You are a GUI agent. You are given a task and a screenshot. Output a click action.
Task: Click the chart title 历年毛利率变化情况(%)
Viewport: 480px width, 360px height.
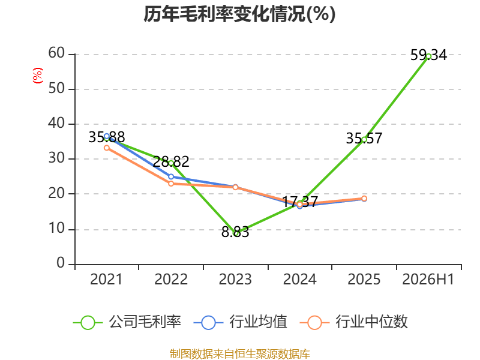(x=239, y=14)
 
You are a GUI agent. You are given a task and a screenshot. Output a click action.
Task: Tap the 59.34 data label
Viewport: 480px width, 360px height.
(x=428, y=55)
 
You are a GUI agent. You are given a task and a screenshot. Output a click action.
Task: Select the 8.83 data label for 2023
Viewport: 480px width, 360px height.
(x=235, y=232)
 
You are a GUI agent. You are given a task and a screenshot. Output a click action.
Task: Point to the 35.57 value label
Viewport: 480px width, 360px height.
(x=364, y=139)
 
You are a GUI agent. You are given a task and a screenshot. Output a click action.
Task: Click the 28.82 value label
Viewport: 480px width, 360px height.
(x=171, y=161)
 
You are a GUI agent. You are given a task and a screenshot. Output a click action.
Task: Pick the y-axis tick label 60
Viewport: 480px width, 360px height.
(x=56, y=53)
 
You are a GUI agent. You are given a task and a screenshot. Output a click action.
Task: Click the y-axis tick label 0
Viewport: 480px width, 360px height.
(x=61, y=263)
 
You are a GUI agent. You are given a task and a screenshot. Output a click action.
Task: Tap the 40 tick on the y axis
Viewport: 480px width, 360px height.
(x=56, y=124)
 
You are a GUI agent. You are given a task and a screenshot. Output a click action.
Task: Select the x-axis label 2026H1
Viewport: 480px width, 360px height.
(x=428, y=280)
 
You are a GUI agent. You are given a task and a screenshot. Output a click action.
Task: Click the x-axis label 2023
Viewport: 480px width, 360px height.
(x=235, y=280)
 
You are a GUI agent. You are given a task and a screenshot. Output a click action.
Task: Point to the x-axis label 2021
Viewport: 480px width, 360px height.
(x=106, y=280)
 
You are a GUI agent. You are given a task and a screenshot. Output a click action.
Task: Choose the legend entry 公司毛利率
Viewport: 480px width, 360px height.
(x=127, y=322)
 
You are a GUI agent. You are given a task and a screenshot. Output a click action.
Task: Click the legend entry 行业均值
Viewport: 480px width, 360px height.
(x=241, y=322)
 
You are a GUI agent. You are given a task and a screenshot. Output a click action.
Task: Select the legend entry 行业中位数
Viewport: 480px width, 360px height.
(x=354, y=322)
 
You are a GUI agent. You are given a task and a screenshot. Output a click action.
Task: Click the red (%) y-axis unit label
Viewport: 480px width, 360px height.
(x=38, y=76)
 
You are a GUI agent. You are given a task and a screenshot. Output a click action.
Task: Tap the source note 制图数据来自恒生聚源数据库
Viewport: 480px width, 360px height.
(x=240, y=354)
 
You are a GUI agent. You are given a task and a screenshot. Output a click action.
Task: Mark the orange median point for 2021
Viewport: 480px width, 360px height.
(x=107, y=148)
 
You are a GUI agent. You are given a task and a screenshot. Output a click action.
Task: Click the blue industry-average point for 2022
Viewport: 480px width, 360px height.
(x=171, y=176)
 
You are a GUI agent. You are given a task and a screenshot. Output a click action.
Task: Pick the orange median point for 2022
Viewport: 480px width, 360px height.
(x=171, y=184)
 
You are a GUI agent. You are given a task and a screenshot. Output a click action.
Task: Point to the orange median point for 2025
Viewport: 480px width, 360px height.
(x=364, y=199)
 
